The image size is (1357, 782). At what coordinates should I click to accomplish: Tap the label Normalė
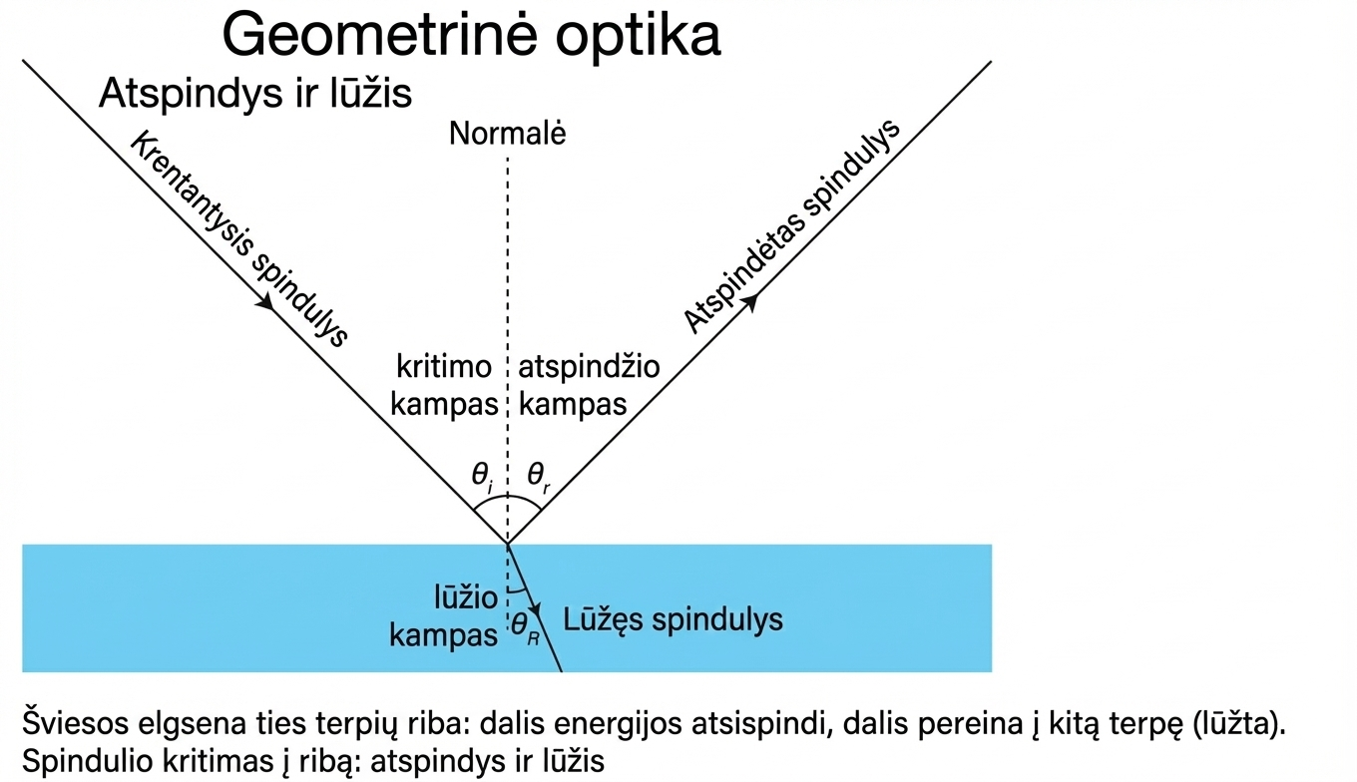coord(508,133)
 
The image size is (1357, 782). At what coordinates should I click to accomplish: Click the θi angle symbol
coord(482,477)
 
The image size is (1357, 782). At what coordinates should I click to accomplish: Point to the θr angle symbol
coord(539,477)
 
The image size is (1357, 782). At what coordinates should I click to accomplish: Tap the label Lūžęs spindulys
coord(674,619)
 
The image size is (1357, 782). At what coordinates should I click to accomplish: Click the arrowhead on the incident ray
coord(265,302)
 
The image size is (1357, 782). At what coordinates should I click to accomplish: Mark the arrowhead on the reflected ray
coord(749,302)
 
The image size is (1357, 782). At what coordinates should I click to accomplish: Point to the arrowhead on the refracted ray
coord(538,610)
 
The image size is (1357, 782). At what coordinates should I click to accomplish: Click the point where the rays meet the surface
coord(508,544)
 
